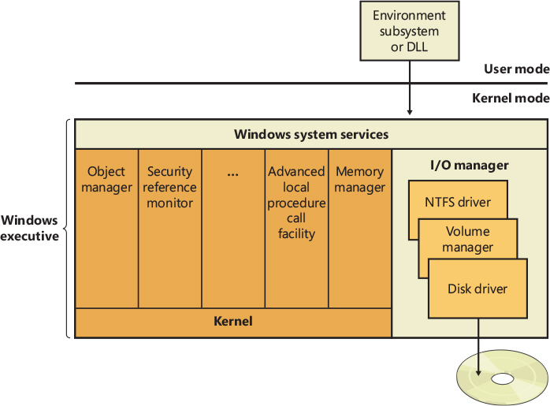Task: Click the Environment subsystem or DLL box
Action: pos(409,31)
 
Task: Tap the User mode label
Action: pos(516,69)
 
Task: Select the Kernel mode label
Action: pos(511,99)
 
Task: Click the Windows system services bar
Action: pos(311,135)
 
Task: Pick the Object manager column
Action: pos(106,229)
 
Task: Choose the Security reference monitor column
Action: pos(169,229)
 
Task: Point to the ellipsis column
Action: pos(232,229)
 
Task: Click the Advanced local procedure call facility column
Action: pos(296,229)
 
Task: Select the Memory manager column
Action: pos(359,229)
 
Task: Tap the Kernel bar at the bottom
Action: pos(233,322)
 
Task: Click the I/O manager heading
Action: pos(469,166)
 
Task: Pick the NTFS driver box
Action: pos(458,202)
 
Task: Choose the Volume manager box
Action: pos(468,239)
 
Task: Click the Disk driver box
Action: pos(478,289)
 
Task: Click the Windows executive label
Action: pos(30,229)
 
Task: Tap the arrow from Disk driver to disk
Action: pos(478,339)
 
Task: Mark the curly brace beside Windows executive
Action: pos(68,229)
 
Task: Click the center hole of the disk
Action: pos(502,379)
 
